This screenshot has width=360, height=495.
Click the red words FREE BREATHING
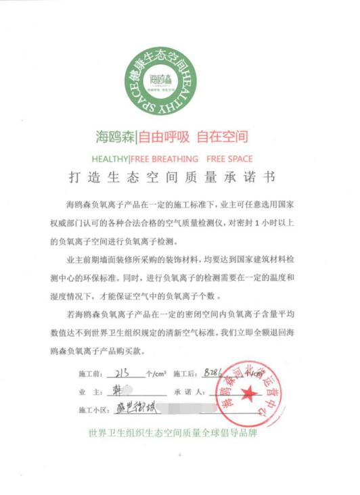165,160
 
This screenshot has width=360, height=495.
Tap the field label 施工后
184,373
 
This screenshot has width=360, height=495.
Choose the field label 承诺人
185,392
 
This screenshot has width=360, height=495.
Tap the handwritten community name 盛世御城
125,408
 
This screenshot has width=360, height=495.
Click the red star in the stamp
247,392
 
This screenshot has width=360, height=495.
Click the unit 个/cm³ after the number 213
156,373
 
